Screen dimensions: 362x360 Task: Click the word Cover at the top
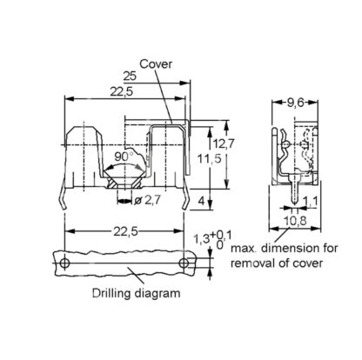coord(156,64)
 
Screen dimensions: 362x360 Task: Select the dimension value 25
coord(130,77)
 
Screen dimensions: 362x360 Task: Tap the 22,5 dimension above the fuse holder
coord(122,91)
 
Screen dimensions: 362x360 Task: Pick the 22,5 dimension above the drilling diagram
coord(125,231)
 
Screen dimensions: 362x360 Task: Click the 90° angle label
coord(123,157)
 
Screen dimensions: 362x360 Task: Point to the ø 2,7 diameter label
coord(147,200)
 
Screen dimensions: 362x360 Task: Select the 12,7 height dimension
coord(223,143)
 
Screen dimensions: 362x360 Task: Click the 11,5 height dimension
coord(210,159)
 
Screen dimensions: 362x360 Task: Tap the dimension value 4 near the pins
coord(201,200)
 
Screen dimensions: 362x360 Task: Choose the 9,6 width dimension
coord(295,103)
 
